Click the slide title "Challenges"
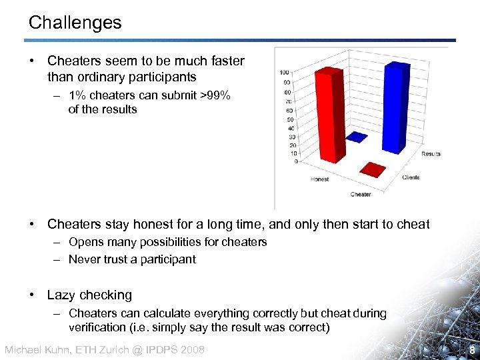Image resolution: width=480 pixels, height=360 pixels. pyautogui.click(x=75, y=23)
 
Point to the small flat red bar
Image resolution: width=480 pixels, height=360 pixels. pyautogui.click(x=373, y=170)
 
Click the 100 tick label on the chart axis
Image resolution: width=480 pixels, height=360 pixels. pyautogui.click(x=284, y=73)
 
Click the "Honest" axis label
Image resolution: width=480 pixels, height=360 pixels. pyautogui.click(x=319, y=179)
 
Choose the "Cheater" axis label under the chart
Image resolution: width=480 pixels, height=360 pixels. pyautogui.click(x=360, y=195)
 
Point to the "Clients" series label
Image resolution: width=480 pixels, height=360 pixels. pyautogui.click(x=411, y=177)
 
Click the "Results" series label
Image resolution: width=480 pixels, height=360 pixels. pyautogui.click(x=431, y=154)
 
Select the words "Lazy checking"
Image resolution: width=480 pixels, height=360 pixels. pyautogui.click(x=89, y=295)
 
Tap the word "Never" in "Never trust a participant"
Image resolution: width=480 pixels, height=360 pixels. pyautogui.click(x=84, y=259)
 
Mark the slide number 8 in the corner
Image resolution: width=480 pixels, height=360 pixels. pyautogui.click(x=471, y=350)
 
